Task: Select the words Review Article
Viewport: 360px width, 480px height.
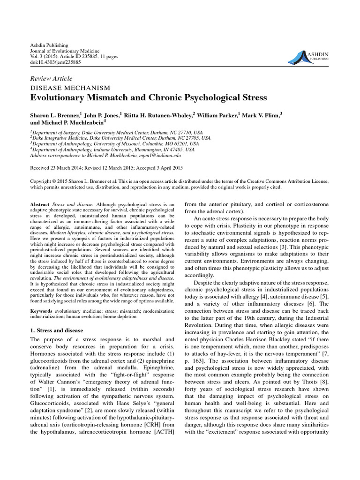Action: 51,78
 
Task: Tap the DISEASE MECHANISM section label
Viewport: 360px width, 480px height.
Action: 70,88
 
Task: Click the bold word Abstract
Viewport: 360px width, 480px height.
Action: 39,204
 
